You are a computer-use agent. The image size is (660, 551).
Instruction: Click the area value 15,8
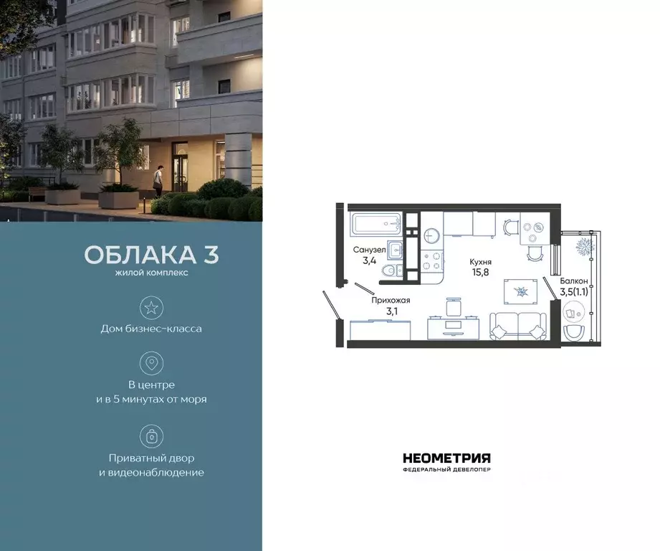click(480, 273)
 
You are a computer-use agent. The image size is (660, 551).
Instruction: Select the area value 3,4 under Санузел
click(369, 260)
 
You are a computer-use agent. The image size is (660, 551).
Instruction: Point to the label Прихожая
click(391, 301)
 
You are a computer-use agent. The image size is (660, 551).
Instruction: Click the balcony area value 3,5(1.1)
click(575, 292)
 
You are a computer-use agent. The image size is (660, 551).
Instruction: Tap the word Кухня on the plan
click(480, 263)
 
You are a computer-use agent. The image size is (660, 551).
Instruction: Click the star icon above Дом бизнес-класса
click(151, 308)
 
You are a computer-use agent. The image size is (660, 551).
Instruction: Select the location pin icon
click(151, 363)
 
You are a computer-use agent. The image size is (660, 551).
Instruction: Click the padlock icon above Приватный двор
click(151, 435)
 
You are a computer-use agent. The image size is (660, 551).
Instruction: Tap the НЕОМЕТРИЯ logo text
click(446, 458)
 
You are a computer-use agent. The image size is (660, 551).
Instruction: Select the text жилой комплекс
click(151, 273)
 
